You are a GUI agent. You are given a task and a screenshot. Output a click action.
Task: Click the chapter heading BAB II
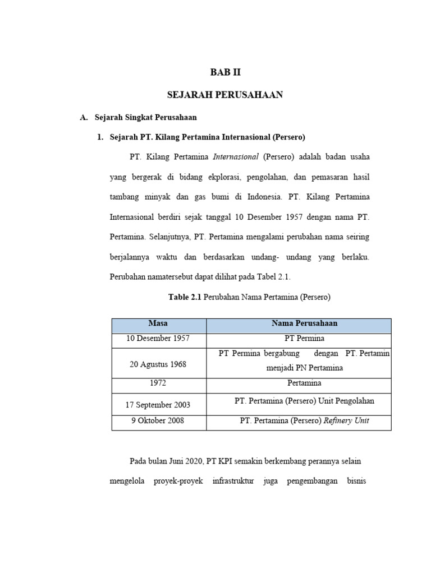coord(224,72)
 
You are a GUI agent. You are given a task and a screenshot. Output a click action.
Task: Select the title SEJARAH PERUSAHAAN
coord(224,95)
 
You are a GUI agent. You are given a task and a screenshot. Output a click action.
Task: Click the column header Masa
coord(158,324)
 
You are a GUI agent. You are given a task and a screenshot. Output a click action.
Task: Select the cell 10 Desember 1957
coord(158,339)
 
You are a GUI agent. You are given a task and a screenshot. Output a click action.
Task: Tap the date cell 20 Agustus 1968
coord(158,364)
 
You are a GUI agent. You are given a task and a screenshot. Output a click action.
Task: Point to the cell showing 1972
coord(158,383)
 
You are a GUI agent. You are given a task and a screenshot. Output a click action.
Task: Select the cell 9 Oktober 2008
coord(158,420)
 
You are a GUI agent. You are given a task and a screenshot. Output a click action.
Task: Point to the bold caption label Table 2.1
coord(185,297)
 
